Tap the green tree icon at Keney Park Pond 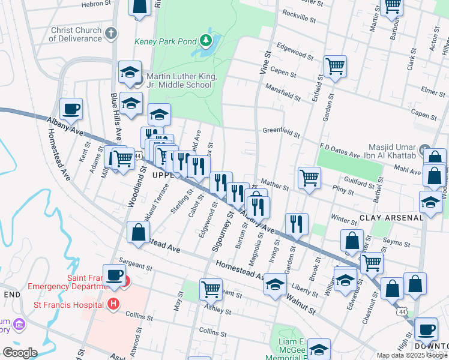point(206,40)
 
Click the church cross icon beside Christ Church point(110,34)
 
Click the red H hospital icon point(112,304)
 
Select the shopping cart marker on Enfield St point(334,67)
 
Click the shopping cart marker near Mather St point(309,178)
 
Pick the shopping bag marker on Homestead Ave point(138,233)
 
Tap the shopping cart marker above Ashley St point(211,289)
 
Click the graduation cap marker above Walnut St point(276,284)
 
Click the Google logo point(19,352)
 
